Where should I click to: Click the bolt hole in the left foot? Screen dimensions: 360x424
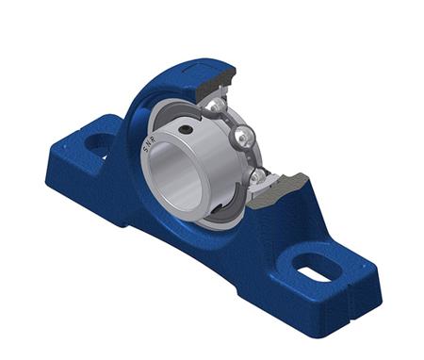(98, 145)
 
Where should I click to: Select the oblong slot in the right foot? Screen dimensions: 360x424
(313, 265)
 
